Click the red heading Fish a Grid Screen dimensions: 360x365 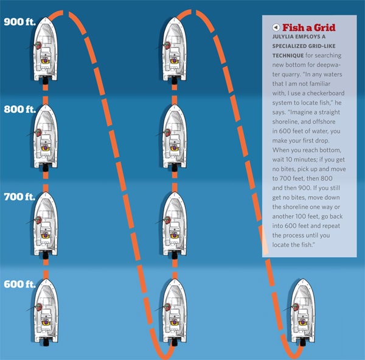pos(309,27)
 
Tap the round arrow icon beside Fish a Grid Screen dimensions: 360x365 pos(276,27)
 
